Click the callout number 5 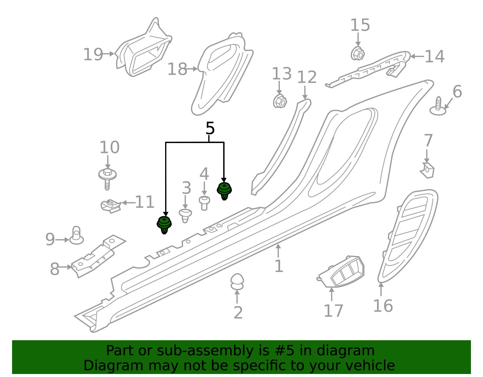(210, 129)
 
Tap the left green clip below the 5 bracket (164, 225)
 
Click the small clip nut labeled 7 (427, 171)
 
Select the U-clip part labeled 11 (110, 206)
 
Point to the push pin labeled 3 (185, 215)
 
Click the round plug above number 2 (237, 281)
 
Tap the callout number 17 (333, 311)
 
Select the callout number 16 (383, 306)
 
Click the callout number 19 (93, 55)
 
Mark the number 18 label (177, 69)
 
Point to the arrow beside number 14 (416, 56)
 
